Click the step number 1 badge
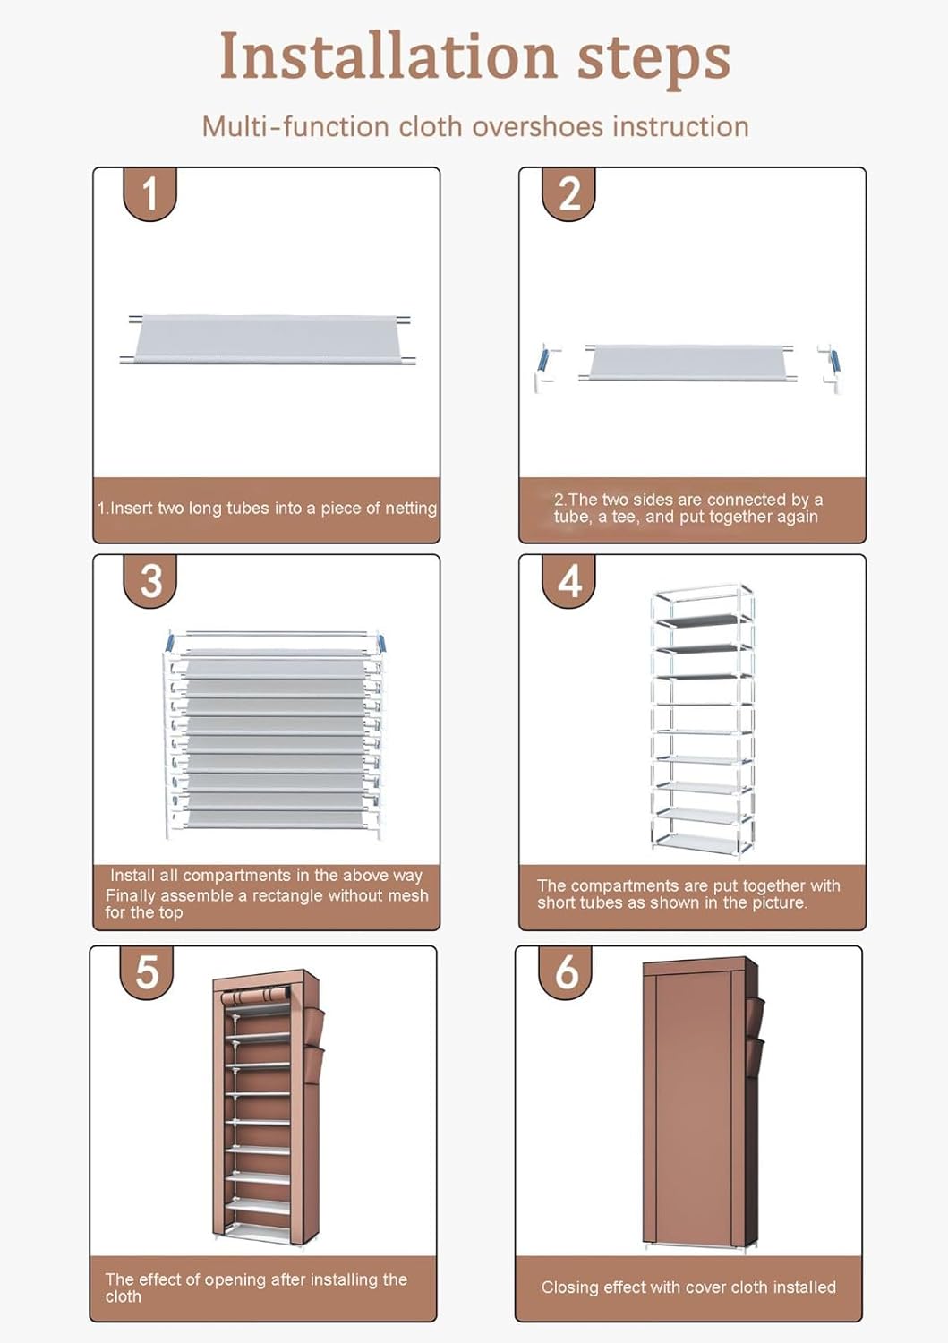(149, 193)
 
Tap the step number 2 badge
(569, 193)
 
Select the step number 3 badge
(150, 580)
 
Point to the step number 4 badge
(569, 580)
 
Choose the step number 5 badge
(147, 972)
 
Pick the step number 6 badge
(567, 972)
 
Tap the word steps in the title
(653, 57)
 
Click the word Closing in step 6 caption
(569, 1287)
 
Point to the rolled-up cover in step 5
(256, 997)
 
